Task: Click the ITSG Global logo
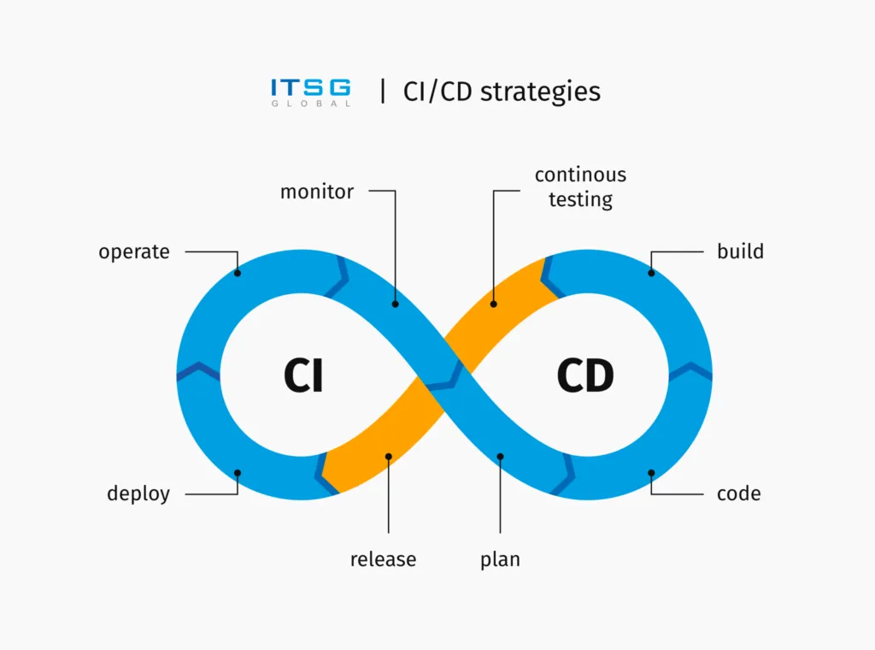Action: [x=310, y=92]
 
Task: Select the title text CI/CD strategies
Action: [x=502, y=92]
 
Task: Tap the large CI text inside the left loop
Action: [x=303, y=375]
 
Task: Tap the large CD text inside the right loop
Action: [x=585, y=375]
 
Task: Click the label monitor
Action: [x=316, y=192]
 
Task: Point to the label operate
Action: [x=134, y=252]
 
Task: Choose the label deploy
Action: [x=138, y=493]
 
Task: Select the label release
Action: [x=383, y=560]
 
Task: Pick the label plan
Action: [x=500, y=560]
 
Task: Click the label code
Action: [x=739, y=493]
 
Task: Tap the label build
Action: [x=740, y=252]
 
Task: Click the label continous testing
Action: [x=580, y=187]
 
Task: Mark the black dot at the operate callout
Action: [x=238, y=274]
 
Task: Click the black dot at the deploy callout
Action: [x=238, y=473]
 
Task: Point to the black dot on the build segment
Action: [x=651, y=274]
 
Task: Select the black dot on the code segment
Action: [x=651, y=473]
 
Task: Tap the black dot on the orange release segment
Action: [x=389, y=457]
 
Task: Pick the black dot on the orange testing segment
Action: [x=493, y=303]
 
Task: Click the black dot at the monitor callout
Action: [x=396, y=303]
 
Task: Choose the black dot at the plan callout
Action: [x=501, y=457]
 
